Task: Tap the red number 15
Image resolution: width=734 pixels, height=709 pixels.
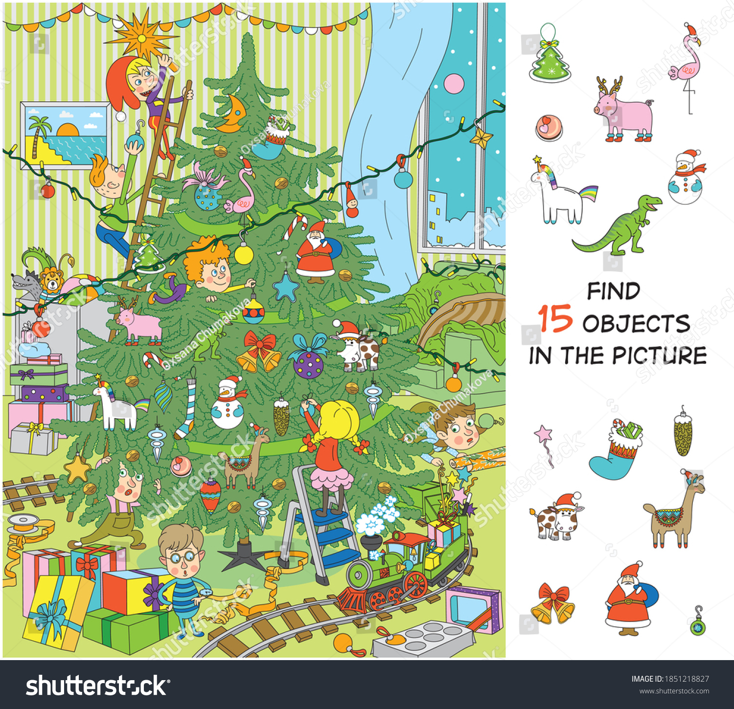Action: (555, 319)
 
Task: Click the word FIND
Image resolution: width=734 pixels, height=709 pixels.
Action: (614, 291)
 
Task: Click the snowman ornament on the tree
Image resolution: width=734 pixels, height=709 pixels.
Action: (228, 403)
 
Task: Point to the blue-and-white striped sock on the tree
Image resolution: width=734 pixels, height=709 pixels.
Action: (186, 411)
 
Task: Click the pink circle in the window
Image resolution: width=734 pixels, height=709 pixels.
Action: (454, 84)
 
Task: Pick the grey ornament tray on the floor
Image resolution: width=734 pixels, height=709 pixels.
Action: (423, 640)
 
